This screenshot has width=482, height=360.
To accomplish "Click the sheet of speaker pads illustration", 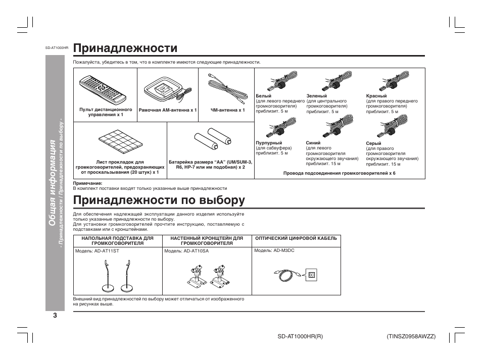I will click(x=120, y=141).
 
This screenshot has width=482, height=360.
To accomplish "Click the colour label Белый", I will click(x=264, y=96).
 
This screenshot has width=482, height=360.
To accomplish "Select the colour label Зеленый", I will click(x=316, y=96).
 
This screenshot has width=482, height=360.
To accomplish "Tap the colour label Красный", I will click(x=376, y=96).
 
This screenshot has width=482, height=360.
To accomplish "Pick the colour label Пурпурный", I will click(x=269, y=143).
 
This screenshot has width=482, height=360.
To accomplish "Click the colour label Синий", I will click(x=313, y=143).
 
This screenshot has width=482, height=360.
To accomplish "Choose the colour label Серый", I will click(x=373, y=143).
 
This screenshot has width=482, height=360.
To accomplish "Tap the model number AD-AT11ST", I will click(x=106, y=251).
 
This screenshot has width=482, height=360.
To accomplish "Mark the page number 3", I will click(x=55, y=316).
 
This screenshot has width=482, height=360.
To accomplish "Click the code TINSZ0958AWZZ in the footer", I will click(x=411, y=336).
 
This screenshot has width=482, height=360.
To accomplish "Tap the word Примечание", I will click(x=88, y=183).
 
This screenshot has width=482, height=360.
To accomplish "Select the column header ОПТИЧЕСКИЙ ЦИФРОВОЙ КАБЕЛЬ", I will click(x=296, y=238).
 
